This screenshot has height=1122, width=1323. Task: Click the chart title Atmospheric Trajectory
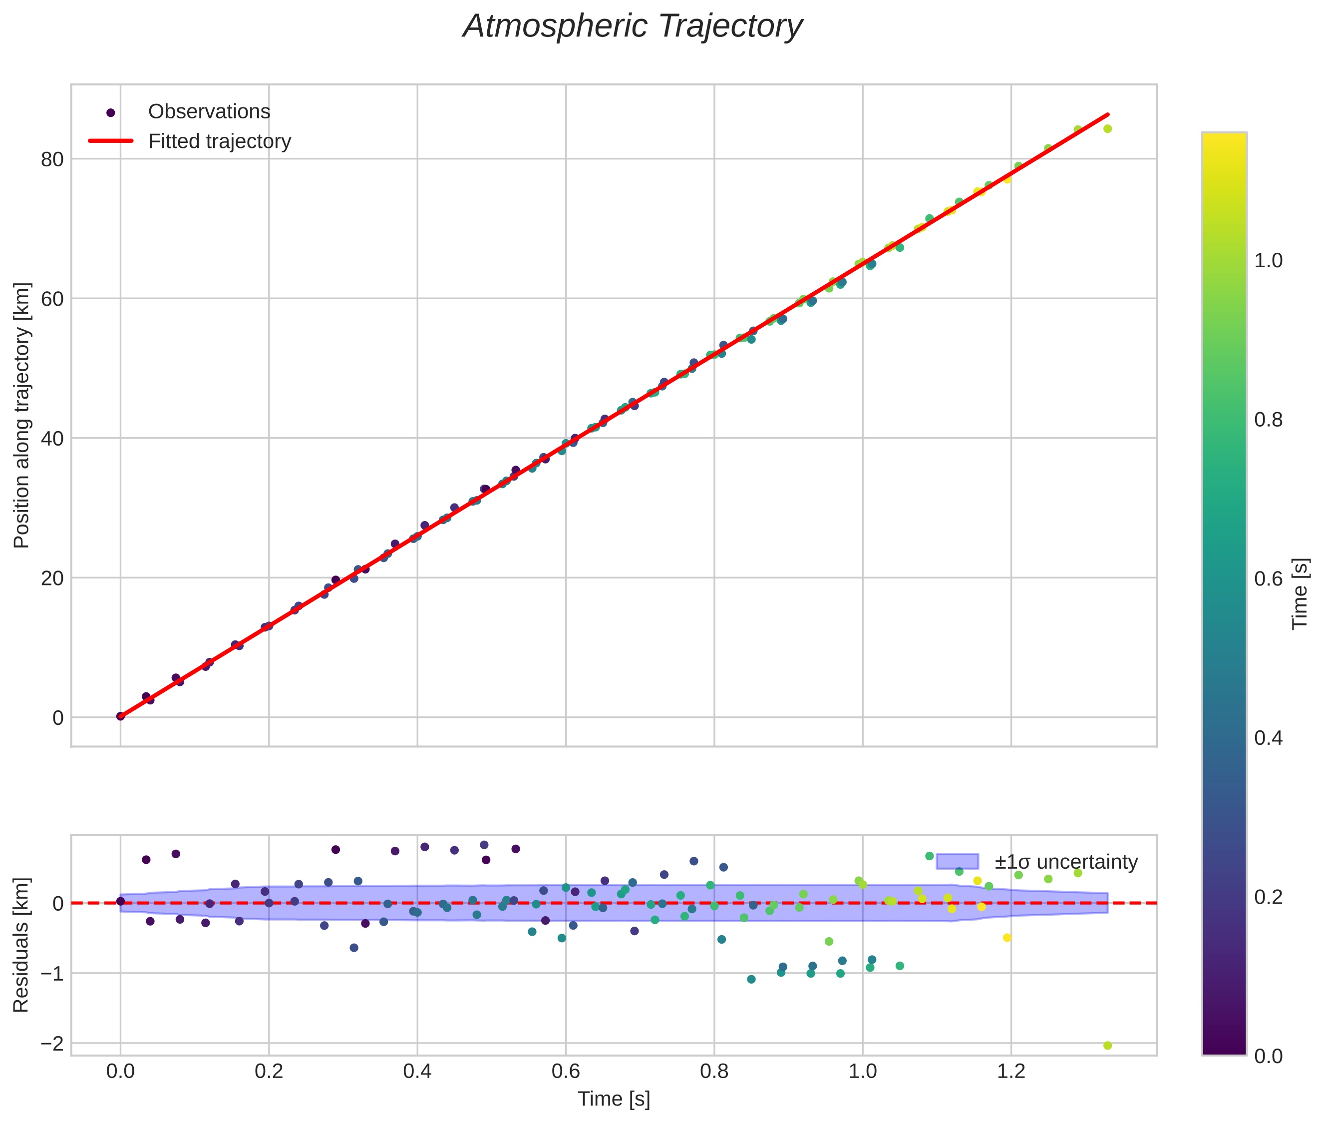coord(633,26)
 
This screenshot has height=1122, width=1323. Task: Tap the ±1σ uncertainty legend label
coord(1065,863)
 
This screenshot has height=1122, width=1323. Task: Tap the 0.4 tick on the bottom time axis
coord(417,1072)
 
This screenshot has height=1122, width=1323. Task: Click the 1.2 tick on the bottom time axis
coord(1011,1072)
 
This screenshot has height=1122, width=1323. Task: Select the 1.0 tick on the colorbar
coord(1268,261)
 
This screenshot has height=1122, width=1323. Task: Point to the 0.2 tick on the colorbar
coord(1268,897)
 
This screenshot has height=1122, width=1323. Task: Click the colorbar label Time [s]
coord(1301,593)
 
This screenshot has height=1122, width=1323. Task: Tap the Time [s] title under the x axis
coord(614,1099)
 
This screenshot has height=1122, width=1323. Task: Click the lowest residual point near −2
coord(1107,1046)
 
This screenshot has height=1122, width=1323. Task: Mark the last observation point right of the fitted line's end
coord(1107,128)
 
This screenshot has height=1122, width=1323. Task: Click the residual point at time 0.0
coord(121,901)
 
